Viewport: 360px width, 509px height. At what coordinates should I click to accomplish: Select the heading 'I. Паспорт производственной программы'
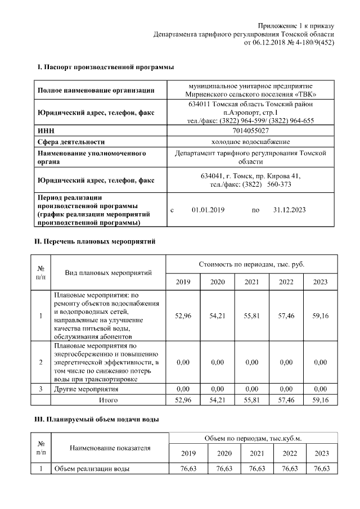[x=105, y=67]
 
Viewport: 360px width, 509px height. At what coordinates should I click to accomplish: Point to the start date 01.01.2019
[x=208, y=210]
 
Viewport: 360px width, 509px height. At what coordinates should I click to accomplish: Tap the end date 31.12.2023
[x=289, y=210]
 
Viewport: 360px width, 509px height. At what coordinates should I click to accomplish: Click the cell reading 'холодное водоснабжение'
[x=250, y=142]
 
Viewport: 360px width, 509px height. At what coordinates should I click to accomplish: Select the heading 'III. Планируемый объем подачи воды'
[x=97, y=420]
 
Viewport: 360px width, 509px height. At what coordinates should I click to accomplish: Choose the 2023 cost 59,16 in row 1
[x=320, y=317]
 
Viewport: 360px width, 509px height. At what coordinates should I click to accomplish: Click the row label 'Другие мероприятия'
[x=86, y=389]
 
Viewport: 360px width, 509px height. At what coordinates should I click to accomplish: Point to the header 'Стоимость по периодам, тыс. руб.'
[x=251, y=264]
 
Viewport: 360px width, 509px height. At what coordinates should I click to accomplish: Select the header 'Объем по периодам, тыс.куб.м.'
[x=251, y=438]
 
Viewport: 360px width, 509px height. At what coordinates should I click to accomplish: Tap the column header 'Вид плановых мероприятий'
[x=109, y=273]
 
